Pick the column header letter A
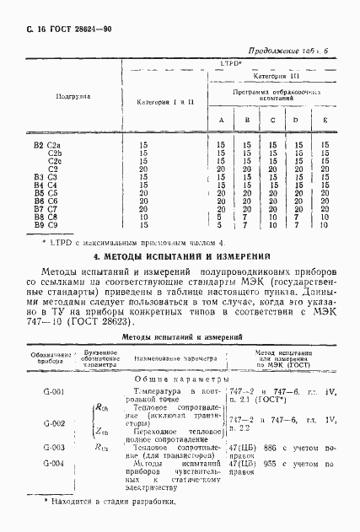click(221, 120)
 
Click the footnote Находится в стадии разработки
click(116, 502)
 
